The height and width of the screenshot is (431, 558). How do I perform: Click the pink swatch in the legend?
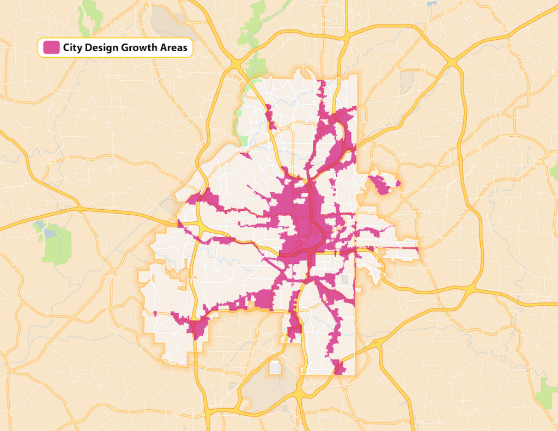pos(51,47)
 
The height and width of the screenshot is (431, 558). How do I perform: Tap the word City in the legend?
pos(72,48)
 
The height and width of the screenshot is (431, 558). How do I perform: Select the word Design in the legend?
pos(101,48)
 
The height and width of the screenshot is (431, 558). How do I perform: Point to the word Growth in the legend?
pos(138,48)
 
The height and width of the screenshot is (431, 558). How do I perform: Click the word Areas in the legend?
pos(175,48)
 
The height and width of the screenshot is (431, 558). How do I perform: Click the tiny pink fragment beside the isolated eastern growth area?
pos(398,183)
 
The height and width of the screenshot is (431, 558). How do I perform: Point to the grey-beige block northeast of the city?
pos(407,82)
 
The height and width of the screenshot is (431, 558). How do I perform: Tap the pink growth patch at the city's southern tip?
pos(338,368)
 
